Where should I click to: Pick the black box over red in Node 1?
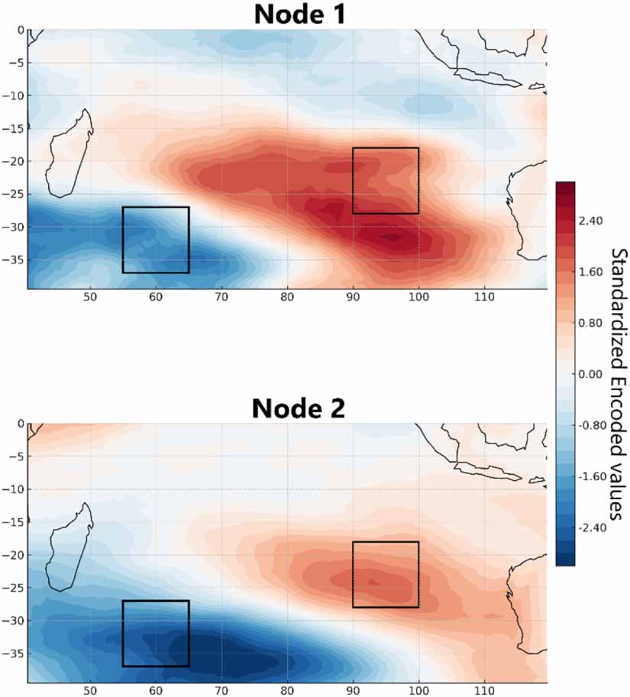[386, 181]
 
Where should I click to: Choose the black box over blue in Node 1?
[156, 240]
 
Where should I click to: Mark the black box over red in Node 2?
[386, 575]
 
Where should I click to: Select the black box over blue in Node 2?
[156, 634]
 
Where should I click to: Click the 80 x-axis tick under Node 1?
[287, 298]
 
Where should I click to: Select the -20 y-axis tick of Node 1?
[16, 162]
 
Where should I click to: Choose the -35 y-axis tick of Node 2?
[16, 653]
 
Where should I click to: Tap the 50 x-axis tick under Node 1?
[90, 298]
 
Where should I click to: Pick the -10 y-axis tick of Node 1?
[16, 96]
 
